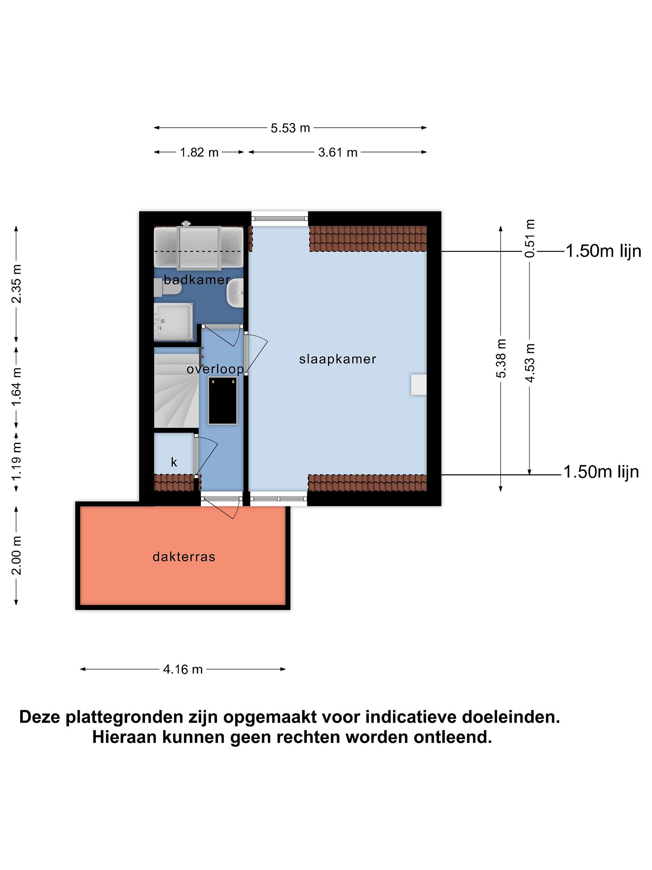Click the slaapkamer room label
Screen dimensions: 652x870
pos(337,359)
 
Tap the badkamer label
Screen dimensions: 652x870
pos(197,280)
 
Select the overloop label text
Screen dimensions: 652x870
pos(215,369)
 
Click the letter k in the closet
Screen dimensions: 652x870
pos(174,462)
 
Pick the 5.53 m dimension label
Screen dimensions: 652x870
pos(290,128)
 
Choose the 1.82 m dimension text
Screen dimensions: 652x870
pos(199,152)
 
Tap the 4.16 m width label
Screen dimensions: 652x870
pos(183,669)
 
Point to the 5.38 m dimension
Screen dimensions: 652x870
pos(501,358)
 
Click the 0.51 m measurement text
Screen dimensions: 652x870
pos(530,238)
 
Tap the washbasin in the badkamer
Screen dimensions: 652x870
pos(235,293)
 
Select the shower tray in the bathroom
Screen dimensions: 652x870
pos(173,322)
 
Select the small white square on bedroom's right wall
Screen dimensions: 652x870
pos(419,385)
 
